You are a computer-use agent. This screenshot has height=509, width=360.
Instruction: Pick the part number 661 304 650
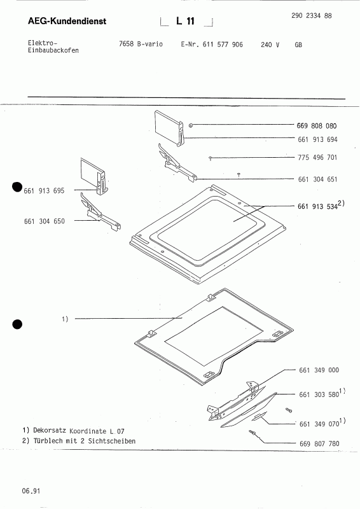tap(43, 221)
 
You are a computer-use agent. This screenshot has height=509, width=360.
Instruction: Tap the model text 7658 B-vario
tap(138, 45)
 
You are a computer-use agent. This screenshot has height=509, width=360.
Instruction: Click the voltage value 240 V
tap(270, 45)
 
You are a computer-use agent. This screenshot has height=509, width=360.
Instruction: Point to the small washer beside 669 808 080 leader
tap(190, 126)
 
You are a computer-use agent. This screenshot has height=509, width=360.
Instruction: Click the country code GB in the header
tap(299, 45)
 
